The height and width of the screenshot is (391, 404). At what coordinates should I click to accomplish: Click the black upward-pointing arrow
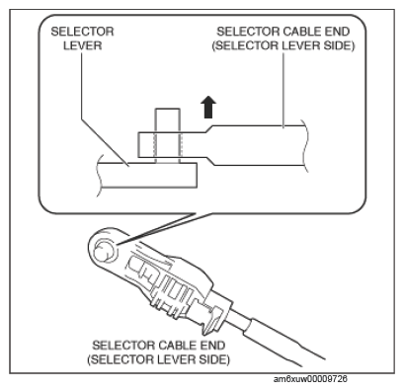(x=208, y=107)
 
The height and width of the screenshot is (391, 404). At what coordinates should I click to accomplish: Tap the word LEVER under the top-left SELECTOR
(x=83, y=45)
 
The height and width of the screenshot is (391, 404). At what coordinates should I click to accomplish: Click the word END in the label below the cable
(x=212, y=346)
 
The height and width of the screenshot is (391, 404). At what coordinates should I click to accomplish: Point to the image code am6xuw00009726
(x=310, y=379)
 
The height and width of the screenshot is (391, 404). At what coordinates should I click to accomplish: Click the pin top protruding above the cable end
(x=168, y=120)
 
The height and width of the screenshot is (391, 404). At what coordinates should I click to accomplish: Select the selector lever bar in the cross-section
(x=147, y=175)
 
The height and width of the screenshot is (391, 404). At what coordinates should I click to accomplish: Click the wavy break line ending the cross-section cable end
(x=305, y=145)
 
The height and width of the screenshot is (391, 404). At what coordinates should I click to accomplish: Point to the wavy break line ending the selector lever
(x=100, y=175)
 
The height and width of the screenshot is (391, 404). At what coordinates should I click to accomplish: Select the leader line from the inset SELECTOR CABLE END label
(x=283, y=90)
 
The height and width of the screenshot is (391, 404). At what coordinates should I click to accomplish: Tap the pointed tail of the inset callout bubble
(x=118, y=244)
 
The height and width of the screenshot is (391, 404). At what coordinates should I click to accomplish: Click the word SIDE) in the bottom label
(x=214, y=359)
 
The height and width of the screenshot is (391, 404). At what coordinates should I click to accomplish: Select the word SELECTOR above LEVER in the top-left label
(x=83, y=32)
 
